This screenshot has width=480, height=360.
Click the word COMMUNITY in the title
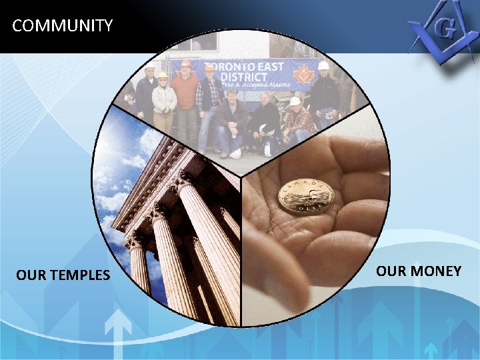pos(63,26)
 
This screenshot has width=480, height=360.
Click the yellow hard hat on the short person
pos(162,75)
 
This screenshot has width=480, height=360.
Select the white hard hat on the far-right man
pos(323,66)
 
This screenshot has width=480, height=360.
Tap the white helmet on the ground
pos(235,153)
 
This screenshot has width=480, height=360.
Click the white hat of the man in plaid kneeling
pos(295,101)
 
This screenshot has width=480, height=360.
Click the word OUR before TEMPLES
pos(31,275)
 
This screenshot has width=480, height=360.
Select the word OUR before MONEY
pos(391,271)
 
